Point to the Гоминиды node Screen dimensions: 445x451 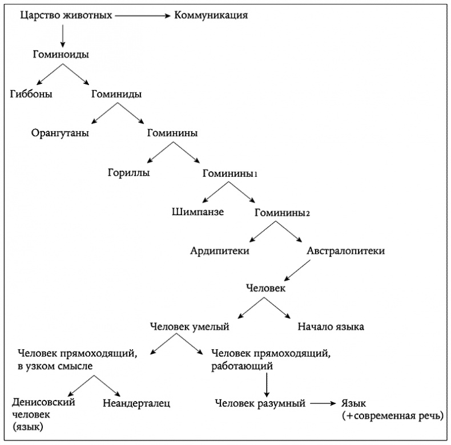point(116,94)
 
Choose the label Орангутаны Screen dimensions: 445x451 point(61,133)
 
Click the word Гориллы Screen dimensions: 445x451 point(129,173)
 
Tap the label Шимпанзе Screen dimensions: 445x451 point(197,212)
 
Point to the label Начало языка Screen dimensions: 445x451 point(331,327)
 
